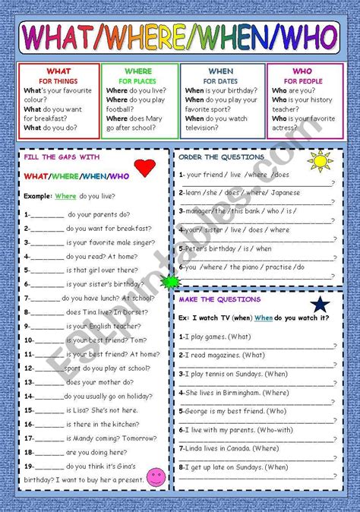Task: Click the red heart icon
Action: (x=144, y=168)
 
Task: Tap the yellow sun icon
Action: (x=320, y=160)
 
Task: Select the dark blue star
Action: (x=320, y=304)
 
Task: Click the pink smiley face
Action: (x=155, y=477)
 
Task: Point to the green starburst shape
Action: (x=169, y=283)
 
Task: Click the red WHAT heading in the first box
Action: (x=58, y=71)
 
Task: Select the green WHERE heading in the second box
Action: (x=138, y=71)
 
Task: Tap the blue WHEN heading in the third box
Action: (x=222, y=71)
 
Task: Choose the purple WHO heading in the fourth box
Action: (x=302, y=71)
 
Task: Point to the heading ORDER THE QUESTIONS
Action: (x=221, y=157)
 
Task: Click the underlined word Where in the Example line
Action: (x=65, y=196)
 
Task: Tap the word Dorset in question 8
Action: (x=139, y=311)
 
